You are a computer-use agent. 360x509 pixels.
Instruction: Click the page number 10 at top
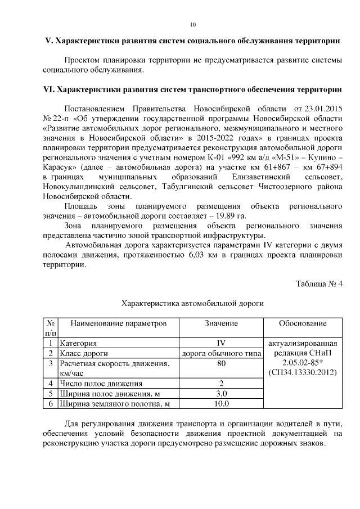point(193,25)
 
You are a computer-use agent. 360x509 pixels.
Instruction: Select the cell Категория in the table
point(79,343)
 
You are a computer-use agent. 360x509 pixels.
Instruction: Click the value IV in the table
point(221,343)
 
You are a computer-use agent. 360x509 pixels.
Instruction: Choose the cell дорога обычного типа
point(222,353)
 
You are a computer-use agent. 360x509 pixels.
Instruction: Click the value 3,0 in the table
point(221,393)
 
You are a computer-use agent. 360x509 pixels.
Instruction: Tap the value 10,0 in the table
point(221,403)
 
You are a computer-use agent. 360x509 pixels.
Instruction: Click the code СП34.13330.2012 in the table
point(303,372)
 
